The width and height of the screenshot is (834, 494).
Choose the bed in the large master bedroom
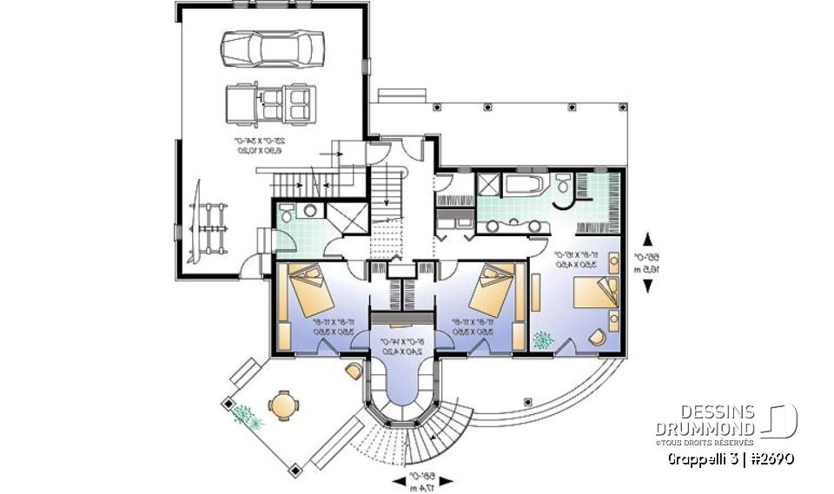click(593, 295)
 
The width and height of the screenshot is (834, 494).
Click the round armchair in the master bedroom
click(598, 339)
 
